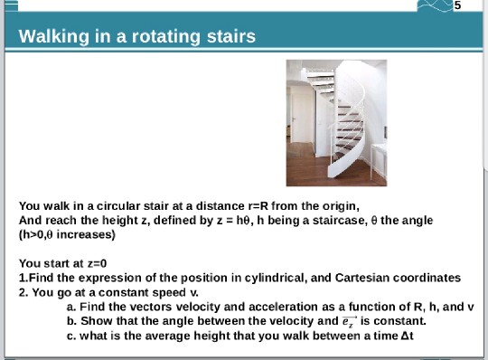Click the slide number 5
pos(457,5)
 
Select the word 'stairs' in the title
pos(227,37)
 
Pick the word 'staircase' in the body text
pos(315,220)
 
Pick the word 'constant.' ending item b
pos(399,321)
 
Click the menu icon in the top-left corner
pos(9,5)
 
